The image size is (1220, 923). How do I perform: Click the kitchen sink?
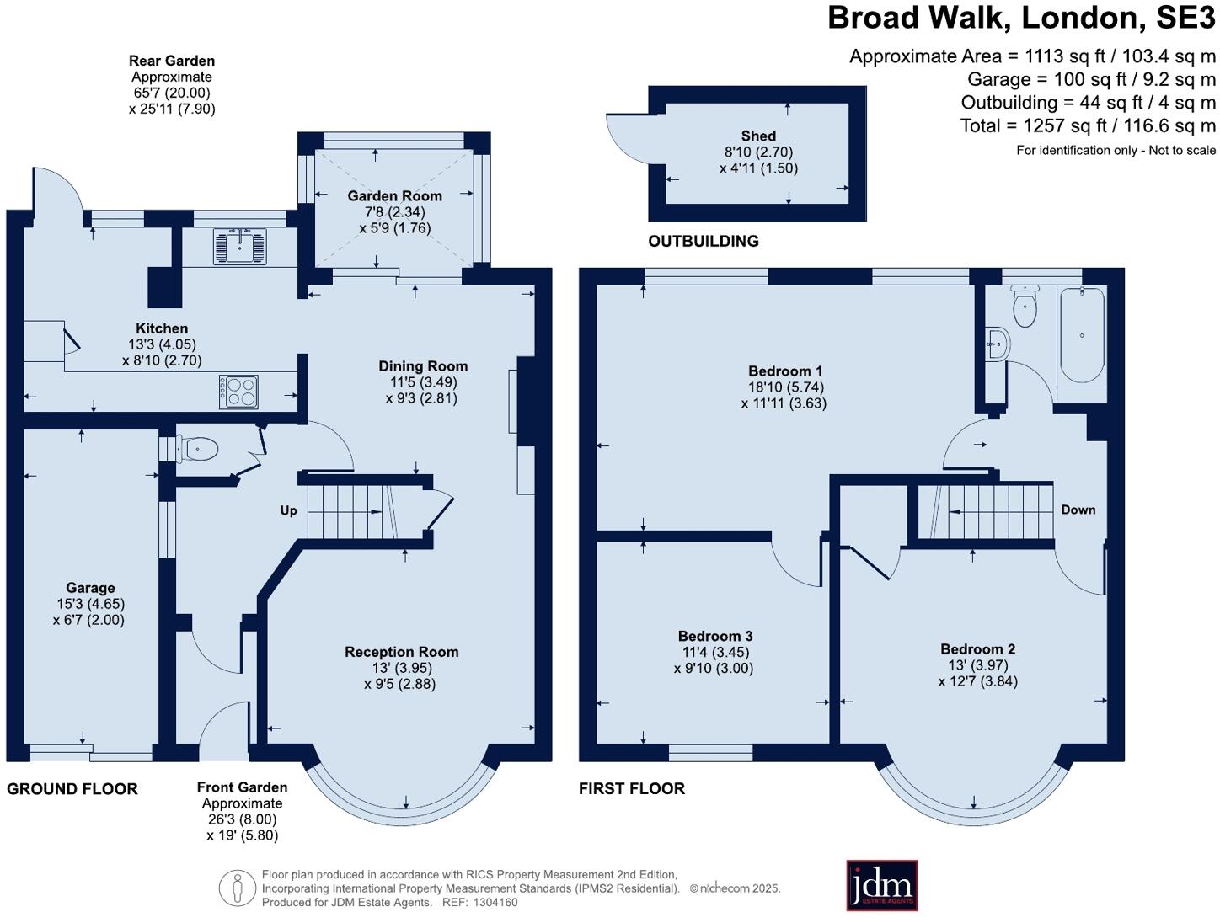pos(239,246)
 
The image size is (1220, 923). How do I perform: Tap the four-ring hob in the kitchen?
pos(238,392)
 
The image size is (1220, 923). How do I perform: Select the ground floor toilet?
pos(196,448)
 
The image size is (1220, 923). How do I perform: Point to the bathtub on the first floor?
pos(1082,335)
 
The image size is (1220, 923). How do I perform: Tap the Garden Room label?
pos(394,195)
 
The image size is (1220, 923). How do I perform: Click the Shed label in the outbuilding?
pos(758,136)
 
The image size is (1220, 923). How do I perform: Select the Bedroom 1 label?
pos(784,371)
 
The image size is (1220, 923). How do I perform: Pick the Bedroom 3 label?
pos(715,635)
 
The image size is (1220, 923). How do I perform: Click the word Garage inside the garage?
pos(90,587)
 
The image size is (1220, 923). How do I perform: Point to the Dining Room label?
pos(423,366)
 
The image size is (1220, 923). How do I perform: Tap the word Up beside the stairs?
pos(288,510)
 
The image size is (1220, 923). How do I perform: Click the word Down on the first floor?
pos(1078,510)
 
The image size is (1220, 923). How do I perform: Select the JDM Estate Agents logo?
pos(881,885)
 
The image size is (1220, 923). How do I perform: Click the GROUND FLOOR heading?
pos(72,788)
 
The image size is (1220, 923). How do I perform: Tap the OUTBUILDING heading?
pos(703,241)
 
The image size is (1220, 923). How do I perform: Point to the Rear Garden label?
pos(172,61)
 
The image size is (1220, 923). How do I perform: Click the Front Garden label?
pos(243,787)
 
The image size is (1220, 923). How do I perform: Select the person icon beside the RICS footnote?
pos(238,888)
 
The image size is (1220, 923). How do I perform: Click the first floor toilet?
pos(1025,307)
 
